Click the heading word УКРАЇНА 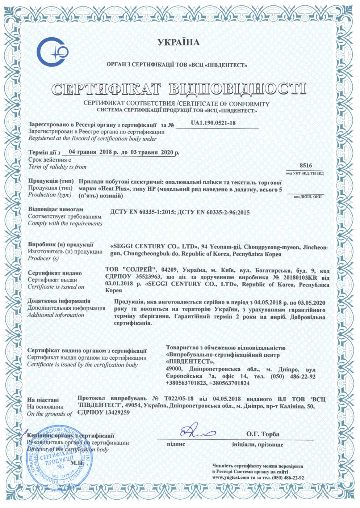pos(179,43)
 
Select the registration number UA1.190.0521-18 pos(213,123)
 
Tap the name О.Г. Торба pos(263,434)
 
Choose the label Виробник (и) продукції pos(60,245)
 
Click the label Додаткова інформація pos(59,301)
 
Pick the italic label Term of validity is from pos(57,167)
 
